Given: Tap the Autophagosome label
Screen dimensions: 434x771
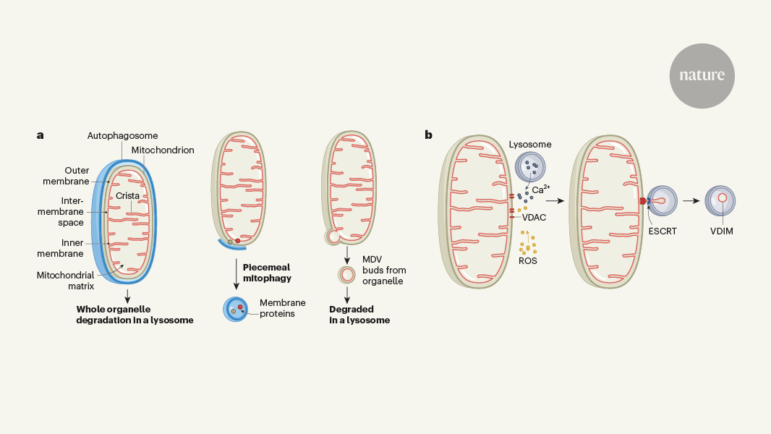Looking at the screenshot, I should (122, 135).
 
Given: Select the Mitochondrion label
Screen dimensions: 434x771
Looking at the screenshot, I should (163, 150).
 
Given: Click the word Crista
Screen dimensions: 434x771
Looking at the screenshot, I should (129, 195).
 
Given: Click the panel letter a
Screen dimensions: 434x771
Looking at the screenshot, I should (41, 135).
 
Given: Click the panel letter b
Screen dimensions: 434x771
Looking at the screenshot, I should (429, 134).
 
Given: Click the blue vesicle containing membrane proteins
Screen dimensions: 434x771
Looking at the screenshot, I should (236, 309).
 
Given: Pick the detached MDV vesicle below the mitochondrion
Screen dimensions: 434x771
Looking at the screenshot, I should (347, 275).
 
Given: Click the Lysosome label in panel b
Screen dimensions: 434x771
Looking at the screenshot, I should (529, 145).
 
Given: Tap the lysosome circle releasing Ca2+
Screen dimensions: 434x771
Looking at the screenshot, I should (531, 167).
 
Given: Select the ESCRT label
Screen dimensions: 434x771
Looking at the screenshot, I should (663, 231).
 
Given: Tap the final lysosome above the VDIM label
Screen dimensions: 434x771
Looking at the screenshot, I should (720, 199).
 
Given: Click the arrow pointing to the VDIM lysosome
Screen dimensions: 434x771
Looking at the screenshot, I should (692, 200).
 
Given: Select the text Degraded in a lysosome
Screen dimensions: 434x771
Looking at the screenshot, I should (359, 315).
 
